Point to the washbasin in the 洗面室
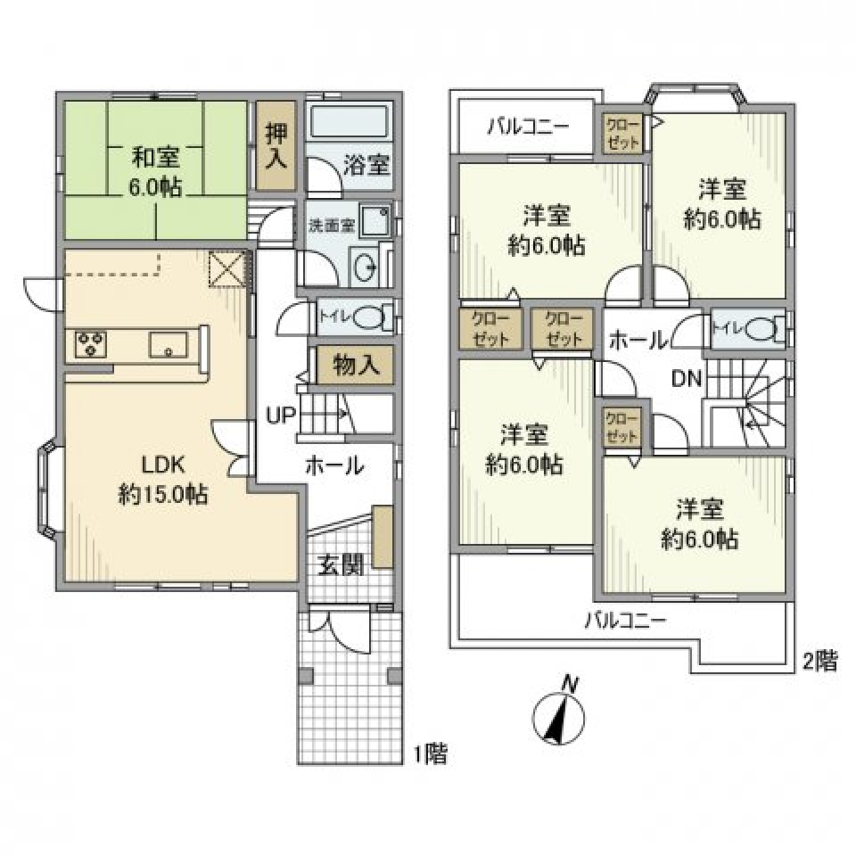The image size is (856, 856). pyautogui.click(x=364, y=267)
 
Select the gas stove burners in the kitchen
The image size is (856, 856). pyautogui.click(x=89, y=344)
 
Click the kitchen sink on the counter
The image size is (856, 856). pyautogui.click(x=168, y=343)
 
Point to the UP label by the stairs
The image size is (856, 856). pyautogui.click(x=279, y=415)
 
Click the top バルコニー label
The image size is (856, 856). pyautogui.click(x=527, y=127)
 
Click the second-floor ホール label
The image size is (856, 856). pyautogui.click(x=638, y=339)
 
